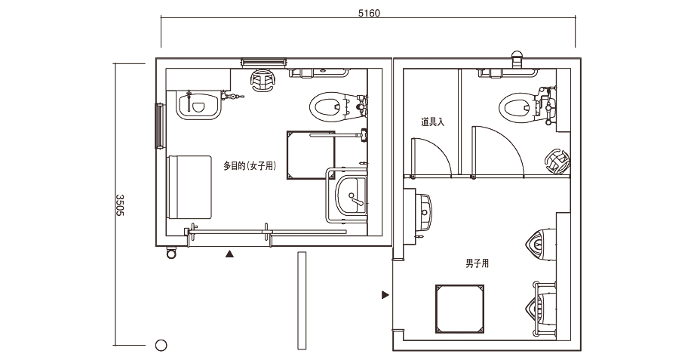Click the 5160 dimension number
pos(369,13)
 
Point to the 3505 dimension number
pos(120,205)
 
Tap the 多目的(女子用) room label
pos(250,166)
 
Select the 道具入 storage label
pos(432,122)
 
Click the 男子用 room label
pos(477,263)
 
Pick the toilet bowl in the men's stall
pos(517,107)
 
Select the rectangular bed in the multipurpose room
pos(189,187)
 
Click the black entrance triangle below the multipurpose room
pos(229,254)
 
